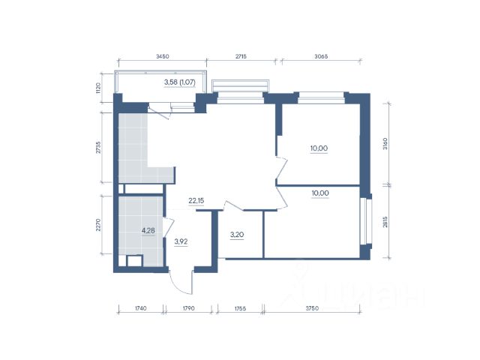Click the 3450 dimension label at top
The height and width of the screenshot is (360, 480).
coord(163,56)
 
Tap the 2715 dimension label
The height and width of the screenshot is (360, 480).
coord(241,56)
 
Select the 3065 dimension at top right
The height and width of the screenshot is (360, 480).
coord(321,56)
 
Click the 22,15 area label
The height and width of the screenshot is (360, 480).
coord(196,201)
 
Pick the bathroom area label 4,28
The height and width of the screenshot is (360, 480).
coord(148,230)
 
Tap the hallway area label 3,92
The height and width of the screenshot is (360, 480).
coord(181,241)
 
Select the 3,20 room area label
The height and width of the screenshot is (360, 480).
coord(237,235)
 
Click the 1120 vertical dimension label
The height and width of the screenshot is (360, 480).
coord(98,88)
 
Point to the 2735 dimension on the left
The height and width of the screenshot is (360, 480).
coord(98,148)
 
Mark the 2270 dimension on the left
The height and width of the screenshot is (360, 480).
coord(98,225)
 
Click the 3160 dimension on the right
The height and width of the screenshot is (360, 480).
coord(385,144)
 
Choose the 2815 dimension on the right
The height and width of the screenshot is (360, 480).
coord(385,222)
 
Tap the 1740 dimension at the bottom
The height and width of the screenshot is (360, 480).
coord(140,308)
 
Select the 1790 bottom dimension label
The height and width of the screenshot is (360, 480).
coord(188,308)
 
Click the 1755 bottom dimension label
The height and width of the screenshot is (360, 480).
coord(240,308)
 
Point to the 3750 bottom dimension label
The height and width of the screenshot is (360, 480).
coord(312,308)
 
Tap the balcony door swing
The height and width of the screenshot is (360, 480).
coord(160,112)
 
